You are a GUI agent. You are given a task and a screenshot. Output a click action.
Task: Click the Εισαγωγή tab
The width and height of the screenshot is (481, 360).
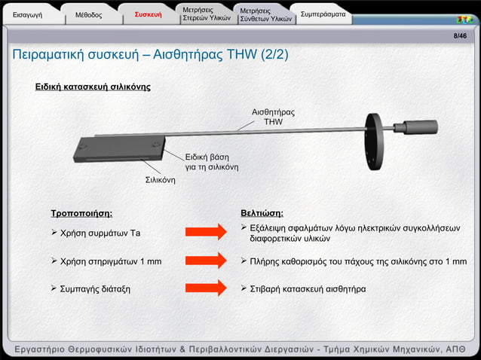pyautogui.click(x=28, y=14)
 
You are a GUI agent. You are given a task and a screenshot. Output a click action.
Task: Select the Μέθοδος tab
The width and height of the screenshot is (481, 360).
pyautogui.click(x=88, y=14)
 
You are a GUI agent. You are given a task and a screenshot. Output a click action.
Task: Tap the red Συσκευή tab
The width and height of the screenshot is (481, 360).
pyautogui.click(x=148, y=14)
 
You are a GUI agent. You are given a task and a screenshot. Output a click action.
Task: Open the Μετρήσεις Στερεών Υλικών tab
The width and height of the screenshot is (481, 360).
pyautogui.click(x=205, y=14)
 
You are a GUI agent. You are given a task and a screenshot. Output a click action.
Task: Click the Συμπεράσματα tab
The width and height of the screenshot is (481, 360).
pyautogui.click(x=323, y=14)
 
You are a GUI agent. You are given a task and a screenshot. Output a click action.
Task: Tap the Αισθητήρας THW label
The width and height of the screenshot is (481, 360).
pyautogui.click(x=273, y=117)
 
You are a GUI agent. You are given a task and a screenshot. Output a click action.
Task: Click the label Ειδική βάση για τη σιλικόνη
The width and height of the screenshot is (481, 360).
pyautogui.click(x=212, y=161)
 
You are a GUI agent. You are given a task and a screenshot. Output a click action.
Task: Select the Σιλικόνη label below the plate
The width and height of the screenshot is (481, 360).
pyautogui.click(x=160, y=181)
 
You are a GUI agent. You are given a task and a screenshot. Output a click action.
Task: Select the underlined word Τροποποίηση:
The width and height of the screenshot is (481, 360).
pyautogui.click(x=81, y=213)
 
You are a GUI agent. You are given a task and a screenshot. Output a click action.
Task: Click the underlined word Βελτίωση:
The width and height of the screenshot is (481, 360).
pyautogui.click(x=262, y=213)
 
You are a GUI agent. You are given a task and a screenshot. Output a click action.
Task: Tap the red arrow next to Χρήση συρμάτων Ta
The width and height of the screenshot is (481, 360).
pyautogui.click(x=205, y=232)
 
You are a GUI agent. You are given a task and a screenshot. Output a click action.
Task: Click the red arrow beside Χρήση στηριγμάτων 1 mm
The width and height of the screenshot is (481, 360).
pyautogui.click(x=205, y=261)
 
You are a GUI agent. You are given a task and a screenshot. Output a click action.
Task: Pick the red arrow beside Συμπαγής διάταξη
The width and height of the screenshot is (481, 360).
pyautogui.click(x=205, y=288)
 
